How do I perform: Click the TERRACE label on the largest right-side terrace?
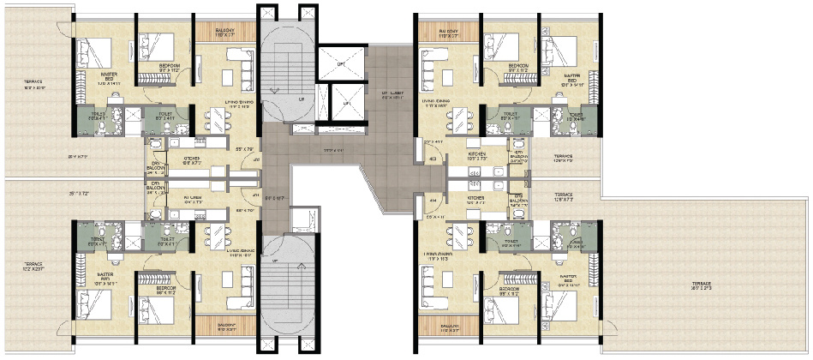point(704,286)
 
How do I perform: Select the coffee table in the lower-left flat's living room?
point(232,279)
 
